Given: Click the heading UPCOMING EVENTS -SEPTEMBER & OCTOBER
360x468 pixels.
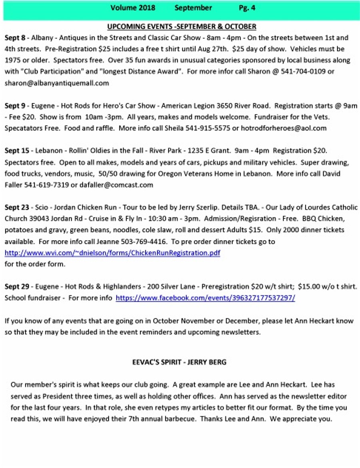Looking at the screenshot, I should coord(182,27).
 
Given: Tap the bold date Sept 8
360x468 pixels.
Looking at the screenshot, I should coord(15,38).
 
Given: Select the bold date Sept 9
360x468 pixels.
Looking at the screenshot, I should coord(15,106).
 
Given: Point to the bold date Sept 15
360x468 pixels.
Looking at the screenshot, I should coord(17,151).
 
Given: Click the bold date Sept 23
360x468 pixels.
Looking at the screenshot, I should coord(17,207).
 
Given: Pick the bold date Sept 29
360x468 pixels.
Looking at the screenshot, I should coord(17,287).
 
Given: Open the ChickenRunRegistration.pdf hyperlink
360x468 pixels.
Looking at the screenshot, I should coord(112,253).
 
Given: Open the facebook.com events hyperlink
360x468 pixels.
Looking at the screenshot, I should coord(205,298).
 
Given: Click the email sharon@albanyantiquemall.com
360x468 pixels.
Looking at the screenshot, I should coord(57,83).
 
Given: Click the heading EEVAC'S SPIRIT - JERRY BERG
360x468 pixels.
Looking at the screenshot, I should coord(179,362).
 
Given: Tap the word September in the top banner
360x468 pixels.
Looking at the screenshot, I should coord(193,8).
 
